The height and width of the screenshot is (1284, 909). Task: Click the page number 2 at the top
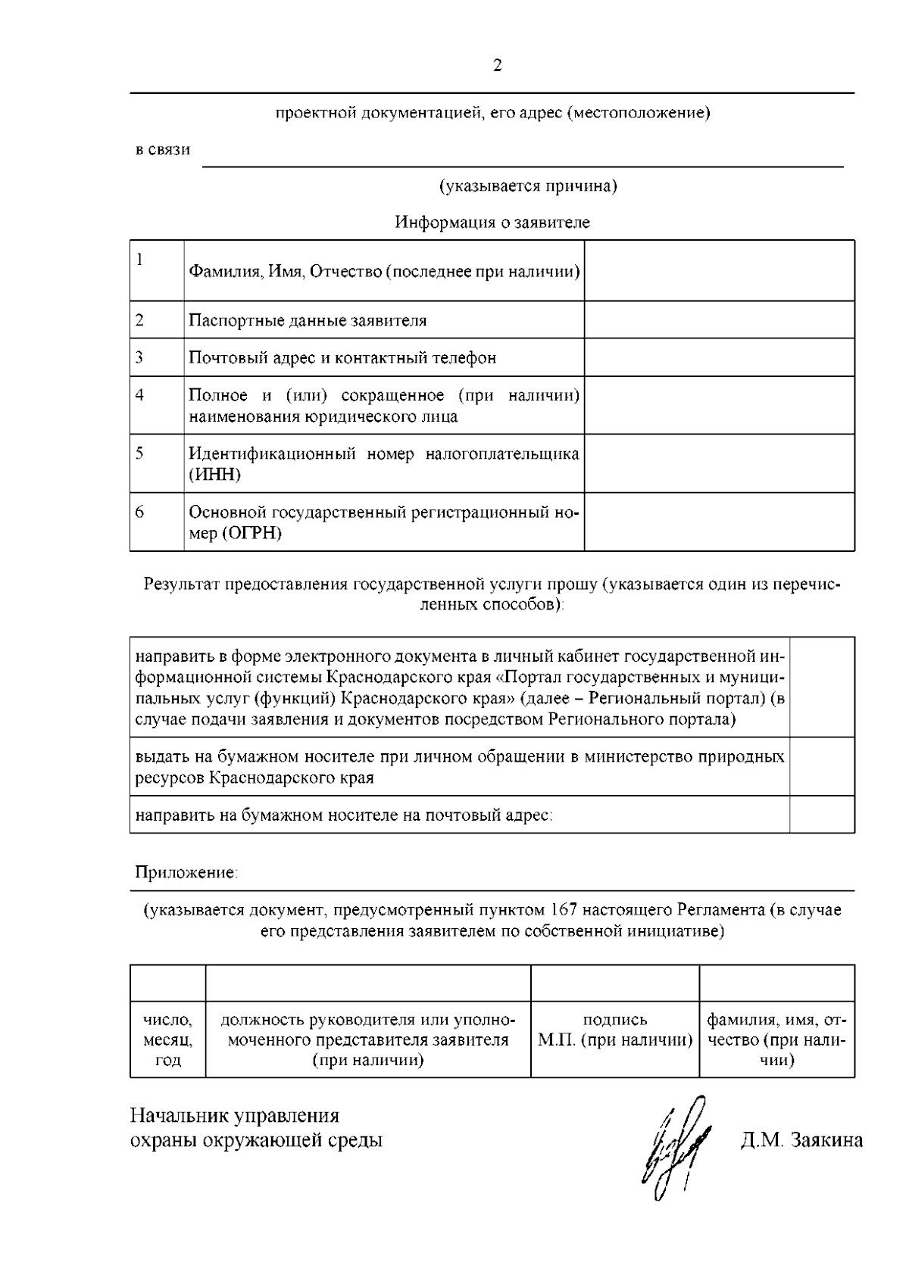(497, 66)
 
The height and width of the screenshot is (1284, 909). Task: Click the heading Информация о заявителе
(492, 223)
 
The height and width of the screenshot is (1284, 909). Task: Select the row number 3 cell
(157, 357)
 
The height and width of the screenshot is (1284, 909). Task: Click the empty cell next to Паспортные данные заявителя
(719, 319)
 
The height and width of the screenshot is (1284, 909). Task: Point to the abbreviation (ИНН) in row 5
(215, 475)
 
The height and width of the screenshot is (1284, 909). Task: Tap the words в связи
(163, 150)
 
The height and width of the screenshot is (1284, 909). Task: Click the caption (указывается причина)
(528, 186)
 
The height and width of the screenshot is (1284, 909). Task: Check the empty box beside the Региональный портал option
(822, 687)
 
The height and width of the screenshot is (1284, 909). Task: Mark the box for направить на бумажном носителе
(822, 815)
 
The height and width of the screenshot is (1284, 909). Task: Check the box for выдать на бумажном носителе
(822, 766)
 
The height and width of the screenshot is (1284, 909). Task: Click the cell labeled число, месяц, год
(167, 1040)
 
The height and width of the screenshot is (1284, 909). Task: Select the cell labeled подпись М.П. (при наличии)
(614, 1030)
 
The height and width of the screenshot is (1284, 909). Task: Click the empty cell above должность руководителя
(367, 983)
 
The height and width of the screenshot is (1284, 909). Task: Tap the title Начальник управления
(235, 1116)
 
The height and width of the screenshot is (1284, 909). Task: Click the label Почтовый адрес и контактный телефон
(342, 357)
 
